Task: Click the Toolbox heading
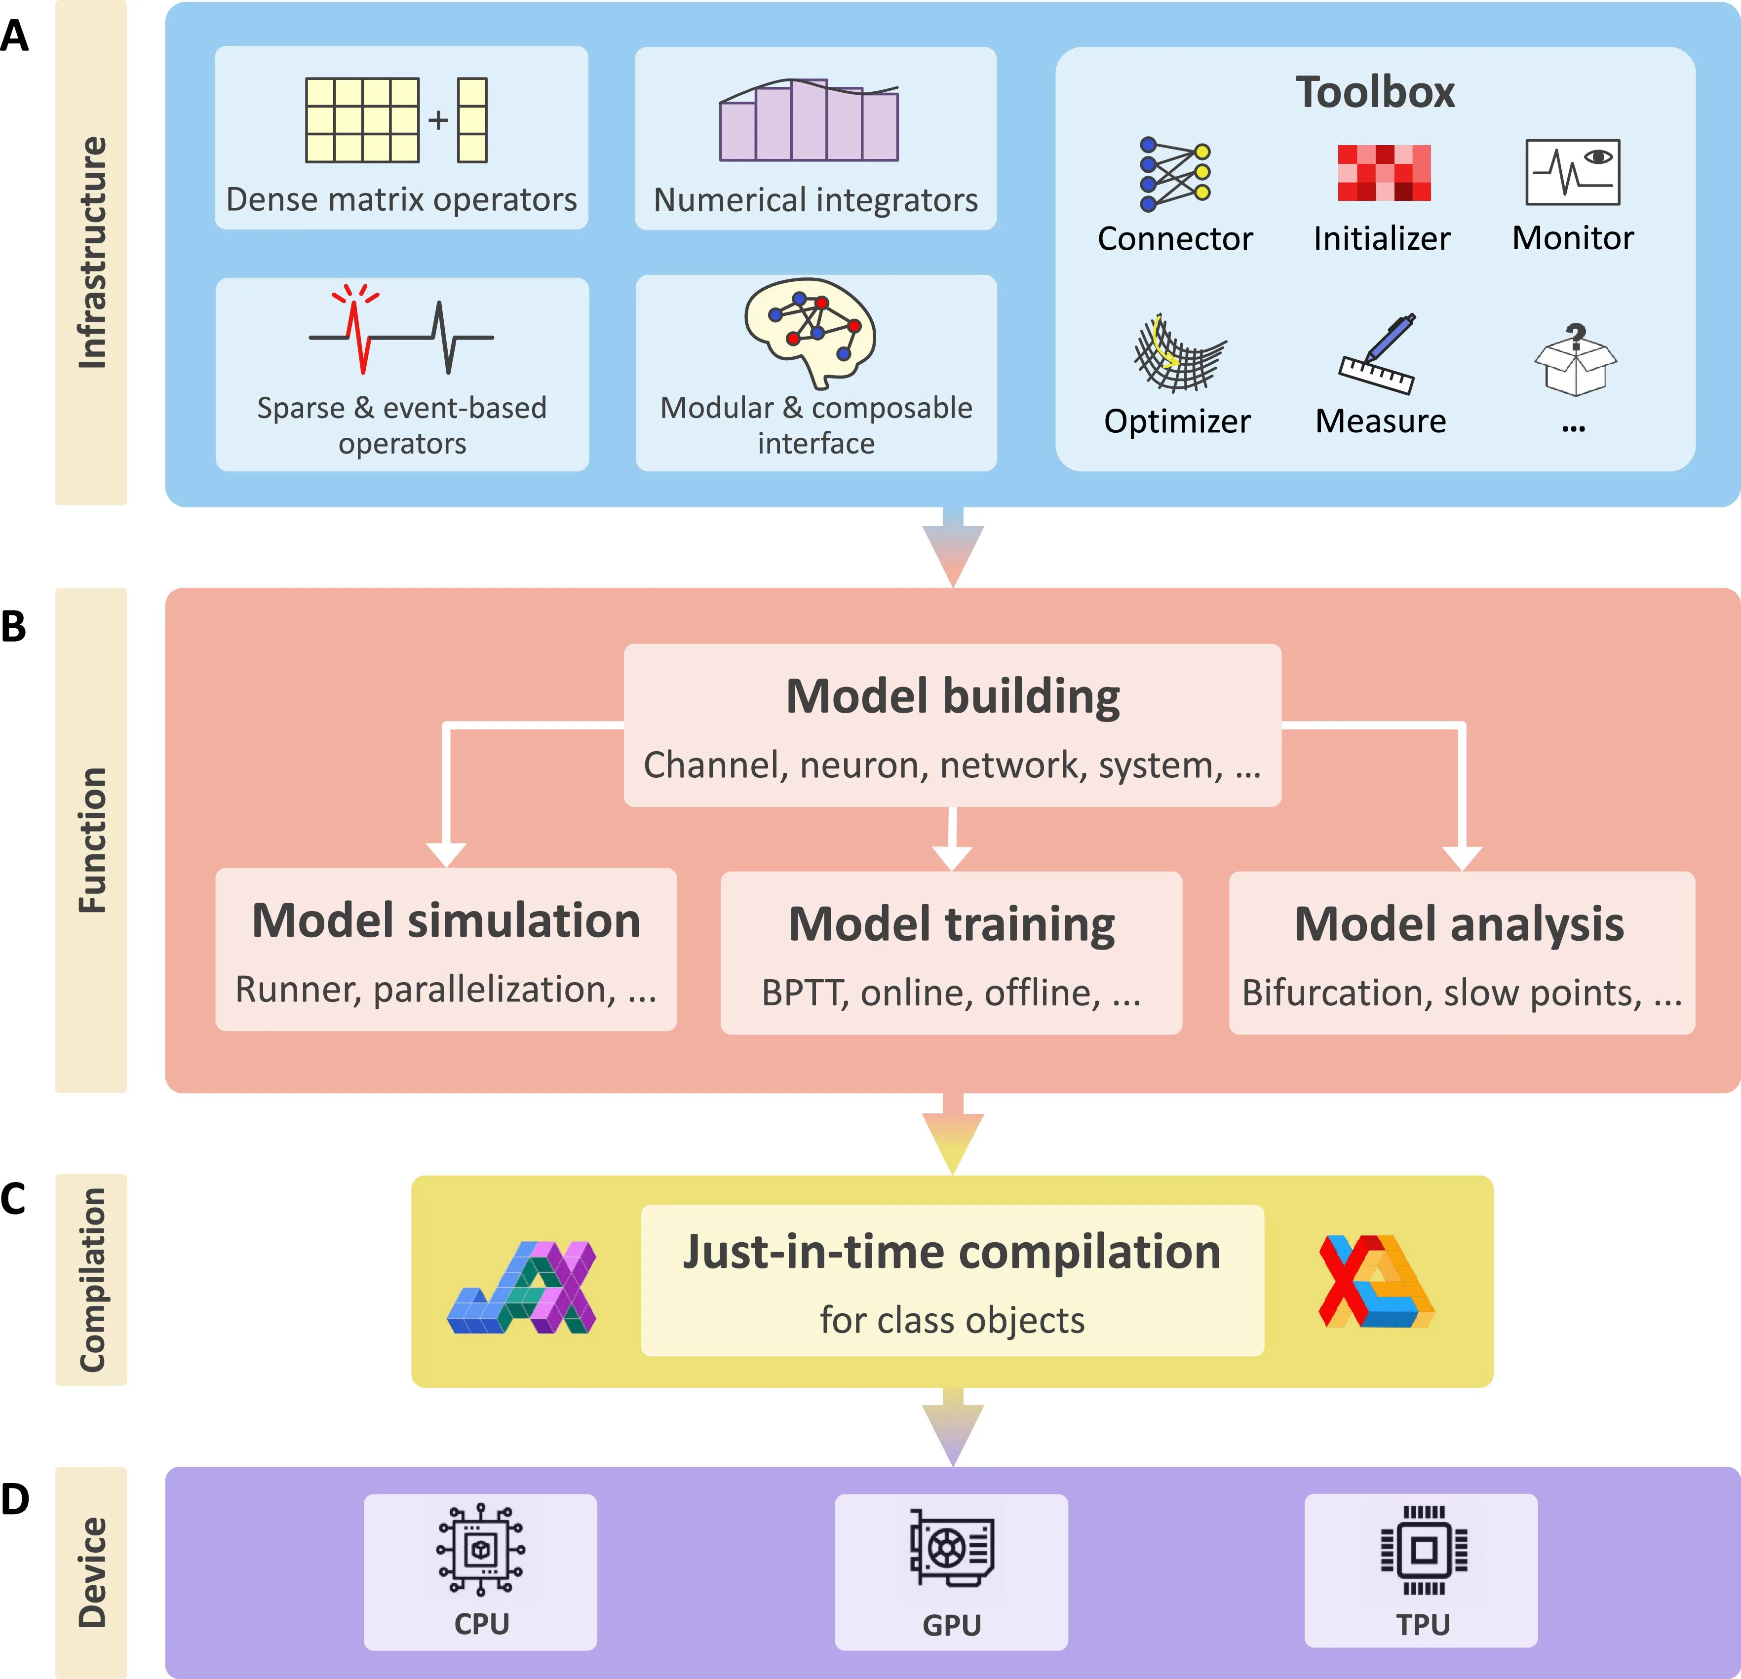pyautogui.click(x=1375, y=92)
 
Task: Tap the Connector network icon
pyautogui.click(x=1174, y=174)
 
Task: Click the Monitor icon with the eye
pyautogui.click(x=1572, y=172)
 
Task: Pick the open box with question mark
pyautogui.click(x=1575, y=360)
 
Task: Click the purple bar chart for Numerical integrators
pyautogui.click(x=809, y=121)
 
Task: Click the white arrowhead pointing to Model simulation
pyautogui.click(x=446, y=853)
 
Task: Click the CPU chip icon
pyautogui.click(x=481, y=1549)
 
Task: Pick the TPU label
pyautogui.click(x=1423, y=1625)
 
